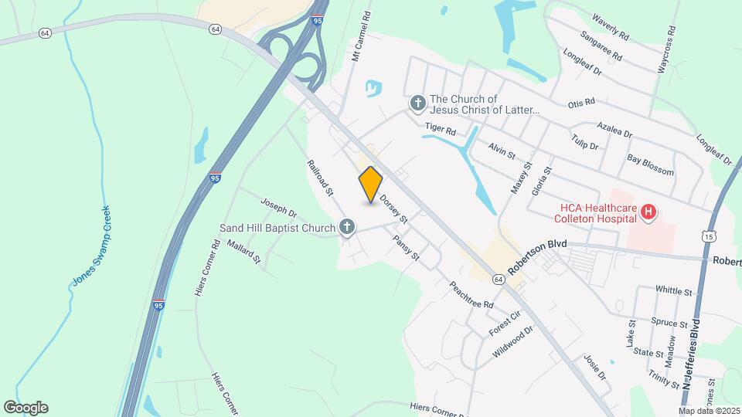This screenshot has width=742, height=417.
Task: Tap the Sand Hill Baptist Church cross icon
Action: (348, 227)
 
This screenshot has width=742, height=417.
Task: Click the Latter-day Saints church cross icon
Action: (417, 103)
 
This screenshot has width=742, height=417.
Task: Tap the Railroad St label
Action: (319, 177)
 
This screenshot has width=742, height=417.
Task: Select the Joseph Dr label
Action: (278, 206)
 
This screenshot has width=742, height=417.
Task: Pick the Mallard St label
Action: (244, 253)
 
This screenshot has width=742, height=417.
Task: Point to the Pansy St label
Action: (405, 247)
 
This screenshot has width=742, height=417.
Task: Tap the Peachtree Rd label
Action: (471, 294)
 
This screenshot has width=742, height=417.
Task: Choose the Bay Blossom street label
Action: (650, 166)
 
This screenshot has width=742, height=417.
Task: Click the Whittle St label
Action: (673, 291)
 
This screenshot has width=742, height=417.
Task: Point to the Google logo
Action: (26, 408)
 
